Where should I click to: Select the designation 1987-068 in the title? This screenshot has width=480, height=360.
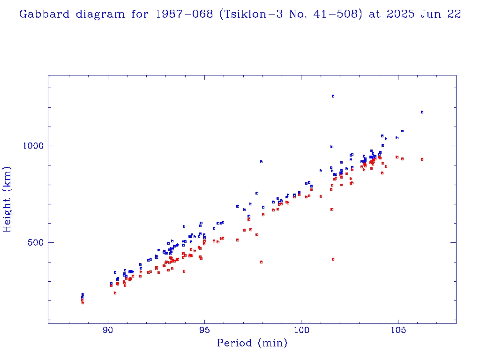(173, 14)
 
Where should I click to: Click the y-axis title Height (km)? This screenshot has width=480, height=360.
(7, 199)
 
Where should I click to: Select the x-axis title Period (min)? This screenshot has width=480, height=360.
(252, 343)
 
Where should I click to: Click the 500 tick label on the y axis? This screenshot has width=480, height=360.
(36, 242)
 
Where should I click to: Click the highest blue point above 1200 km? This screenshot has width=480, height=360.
(333, 96)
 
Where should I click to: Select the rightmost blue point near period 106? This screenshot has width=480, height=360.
(422, 112)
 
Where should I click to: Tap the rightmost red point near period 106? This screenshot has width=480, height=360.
(422, 159)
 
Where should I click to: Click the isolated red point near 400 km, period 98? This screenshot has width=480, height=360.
(261, 262)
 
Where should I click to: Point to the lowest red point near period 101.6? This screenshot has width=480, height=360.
(333, 259)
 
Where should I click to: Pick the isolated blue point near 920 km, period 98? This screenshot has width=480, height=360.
(261, 162)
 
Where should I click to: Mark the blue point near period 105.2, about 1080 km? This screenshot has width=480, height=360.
(402, 131)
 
